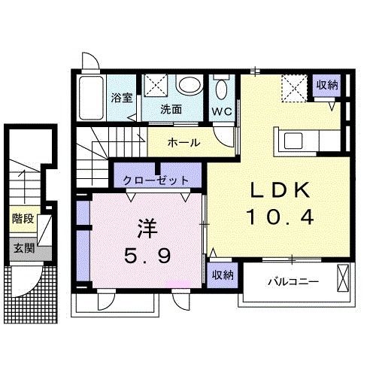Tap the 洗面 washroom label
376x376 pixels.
tap(171, 108)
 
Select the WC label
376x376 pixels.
tap(221, 111)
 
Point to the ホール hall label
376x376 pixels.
tap(183, 141)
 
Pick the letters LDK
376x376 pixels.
tap(280, 191)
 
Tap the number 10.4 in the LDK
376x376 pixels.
tap(280, 218)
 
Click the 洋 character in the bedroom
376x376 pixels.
tap(146, 226)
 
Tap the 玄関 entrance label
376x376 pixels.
tap(23, 247)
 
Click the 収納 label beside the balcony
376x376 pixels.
tap(221, 274)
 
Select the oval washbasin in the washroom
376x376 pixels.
tap(190, 84)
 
